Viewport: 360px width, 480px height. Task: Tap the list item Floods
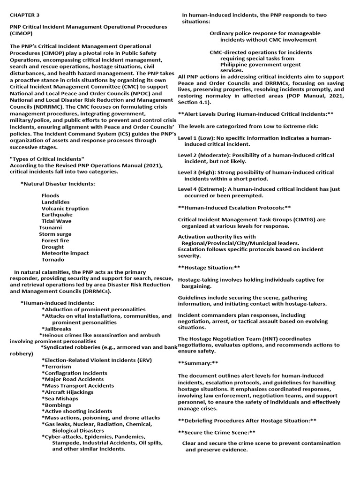(x=50, y=195)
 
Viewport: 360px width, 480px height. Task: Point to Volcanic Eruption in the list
(x=65, y=209)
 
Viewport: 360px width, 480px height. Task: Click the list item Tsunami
(x=50, y=227)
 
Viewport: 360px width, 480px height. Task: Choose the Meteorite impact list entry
(x=65, y=253)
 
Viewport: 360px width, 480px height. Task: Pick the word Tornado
(x=53, y=260)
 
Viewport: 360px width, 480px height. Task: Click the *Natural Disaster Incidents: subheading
(x=57, y=184)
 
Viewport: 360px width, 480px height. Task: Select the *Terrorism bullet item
(x=56, y=367)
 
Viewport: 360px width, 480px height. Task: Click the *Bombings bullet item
(x=56, y=405)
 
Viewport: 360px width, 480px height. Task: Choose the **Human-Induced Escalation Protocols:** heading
(x=234, y=207)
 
